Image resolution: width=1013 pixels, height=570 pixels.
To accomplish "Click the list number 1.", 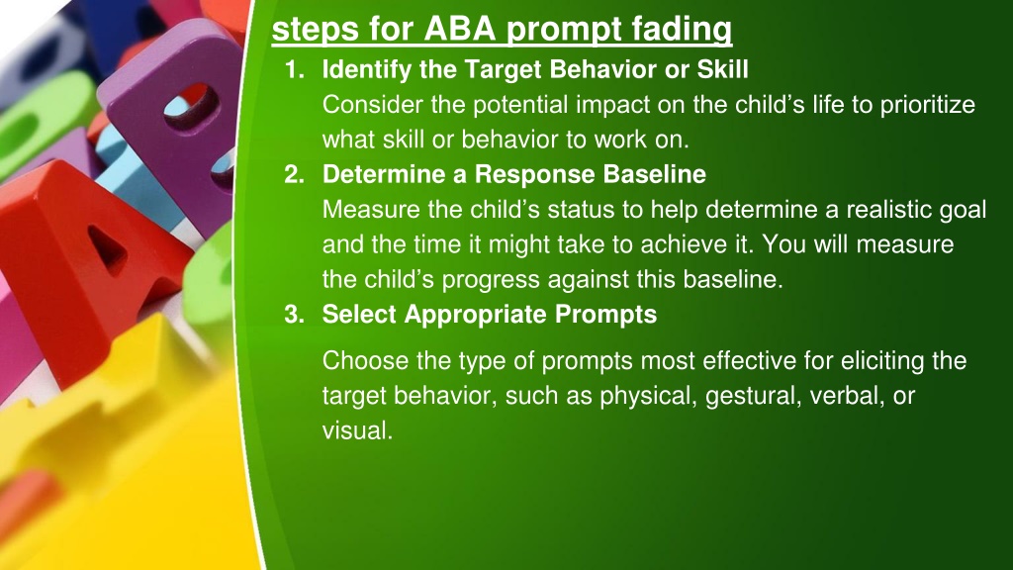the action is click(x=295, y=69).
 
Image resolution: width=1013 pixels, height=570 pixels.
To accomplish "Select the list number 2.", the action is click(x=295, y=174).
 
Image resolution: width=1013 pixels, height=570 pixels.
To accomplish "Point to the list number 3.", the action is click(x=295, y=314).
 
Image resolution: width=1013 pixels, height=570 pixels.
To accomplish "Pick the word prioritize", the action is click(x=928, y=105).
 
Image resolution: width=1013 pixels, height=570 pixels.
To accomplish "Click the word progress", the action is click(x=491, y=280).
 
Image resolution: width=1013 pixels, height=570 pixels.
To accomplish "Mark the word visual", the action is click(x=357, y=430).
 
